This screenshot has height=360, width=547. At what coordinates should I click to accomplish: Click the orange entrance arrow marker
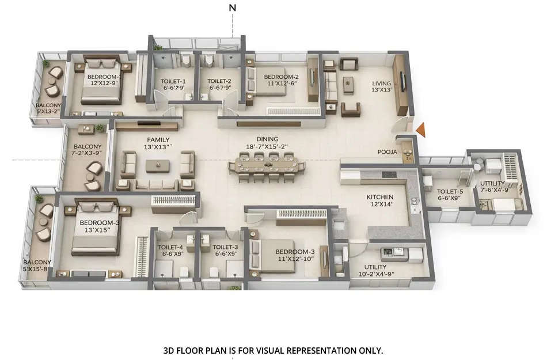point(421,131)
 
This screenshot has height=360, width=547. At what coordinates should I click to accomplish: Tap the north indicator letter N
point(233,7)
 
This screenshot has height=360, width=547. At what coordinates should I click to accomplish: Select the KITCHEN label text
point(380,197)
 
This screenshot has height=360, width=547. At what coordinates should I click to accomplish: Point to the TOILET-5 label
point(449,192)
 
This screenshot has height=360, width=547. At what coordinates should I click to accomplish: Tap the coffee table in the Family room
point(157,166)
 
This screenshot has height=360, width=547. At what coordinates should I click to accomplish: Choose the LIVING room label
point(381,84)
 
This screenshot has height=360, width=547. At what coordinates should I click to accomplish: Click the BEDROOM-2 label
point(281,77)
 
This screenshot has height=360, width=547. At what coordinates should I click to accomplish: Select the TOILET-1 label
point(173,81)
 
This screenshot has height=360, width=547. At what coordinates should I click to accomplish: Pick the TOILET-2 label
point(219,81)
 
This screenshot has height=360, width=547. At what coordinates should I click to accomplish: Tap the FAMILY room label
point(158,139)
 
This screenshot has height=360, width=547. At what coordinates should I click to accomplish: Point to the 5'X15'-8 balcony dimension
point(36,269)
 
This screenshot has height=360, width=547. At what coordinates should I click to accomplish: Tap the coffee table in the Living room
point(348,85)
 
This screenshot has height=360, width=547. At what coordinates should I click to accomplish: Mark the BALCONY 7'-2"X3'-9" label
point(87,147)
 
